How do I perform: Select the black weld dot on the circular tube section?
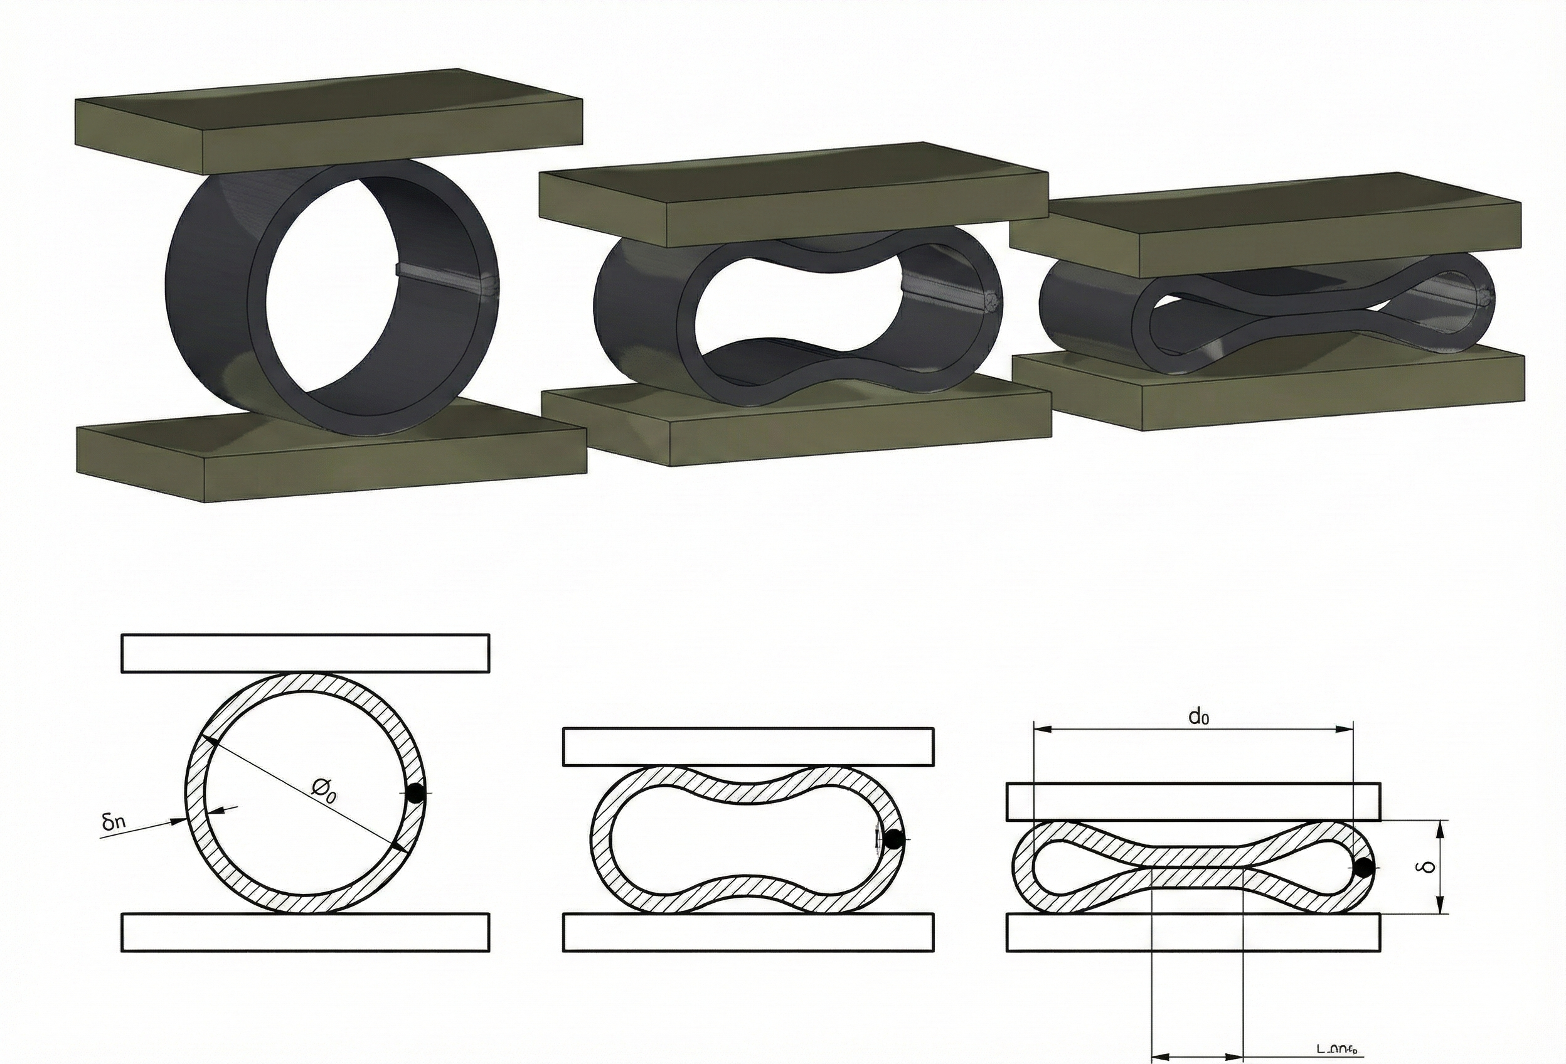(x=416, y=793)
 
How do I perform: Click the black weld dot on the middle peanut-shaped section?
(x=893, y=840)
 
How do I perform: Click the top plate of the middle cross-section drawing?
(x=748, y=747)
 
